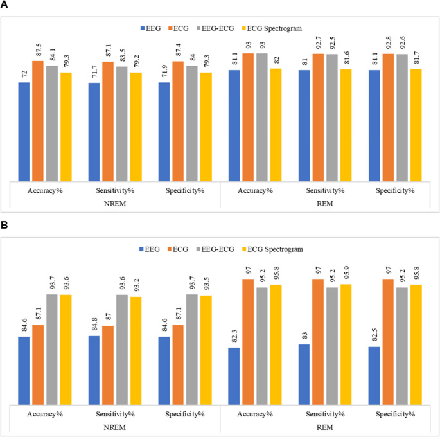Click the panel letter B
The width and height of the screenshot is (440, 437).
coord(4,227)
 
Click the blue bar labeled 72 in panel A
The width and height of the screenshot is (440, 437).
coord(24,132)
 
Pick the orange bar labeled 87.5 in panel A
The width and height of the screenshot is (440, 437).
coord(38,121)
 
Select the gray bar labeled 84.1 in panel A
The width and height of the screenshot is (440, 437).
coord(51,123)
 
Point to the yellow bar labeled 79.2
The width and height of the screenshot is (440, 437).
coord(136,127)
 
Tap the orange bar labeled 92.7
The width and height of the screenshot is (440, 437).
coord(318,117)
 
